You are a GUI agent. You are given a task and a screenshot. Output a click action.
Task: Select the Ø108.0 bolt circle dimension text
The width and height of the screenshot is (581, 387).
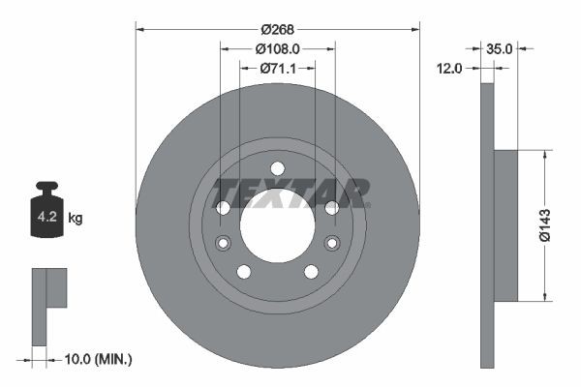point(278,47)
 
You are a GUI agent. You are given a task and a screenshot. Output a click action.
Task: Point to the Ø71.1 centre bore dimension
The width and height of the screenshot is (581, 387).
point(278,68)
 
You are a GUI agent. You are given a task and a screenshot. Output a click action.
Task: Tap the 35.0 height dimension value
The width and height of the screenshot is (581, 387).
point(500,47)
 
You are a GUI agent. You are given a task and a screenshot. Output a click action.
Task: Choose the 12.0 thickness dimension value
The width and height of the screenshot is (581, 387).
point(451,68)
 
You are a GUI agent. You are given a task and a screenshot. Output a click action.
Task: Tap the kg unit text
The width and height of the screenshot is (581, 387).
point(76,218)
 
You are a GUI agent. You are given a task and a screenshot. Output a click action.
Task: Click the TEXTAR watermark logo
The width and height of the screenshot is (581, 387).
point(290,193)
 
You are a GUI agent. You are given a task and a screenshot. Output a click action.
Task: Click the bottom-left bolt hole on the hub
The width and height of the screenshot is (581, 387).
point(244,271)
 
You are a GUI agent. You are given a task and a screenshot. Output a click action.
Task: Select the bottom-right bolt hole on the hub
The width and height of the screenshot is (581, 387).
point(311,271)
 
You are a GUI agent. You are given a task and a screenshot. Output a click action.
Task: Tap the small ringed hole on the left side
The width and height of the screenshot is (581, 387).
point(224,242)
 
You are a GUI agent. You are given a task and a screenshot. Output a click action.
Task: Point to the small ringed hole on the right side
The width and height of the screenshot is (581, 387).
point(332,242)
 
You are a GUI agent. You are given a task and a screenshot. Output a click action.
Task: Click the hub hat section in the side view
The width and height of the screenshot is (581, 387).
point(506,224)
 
